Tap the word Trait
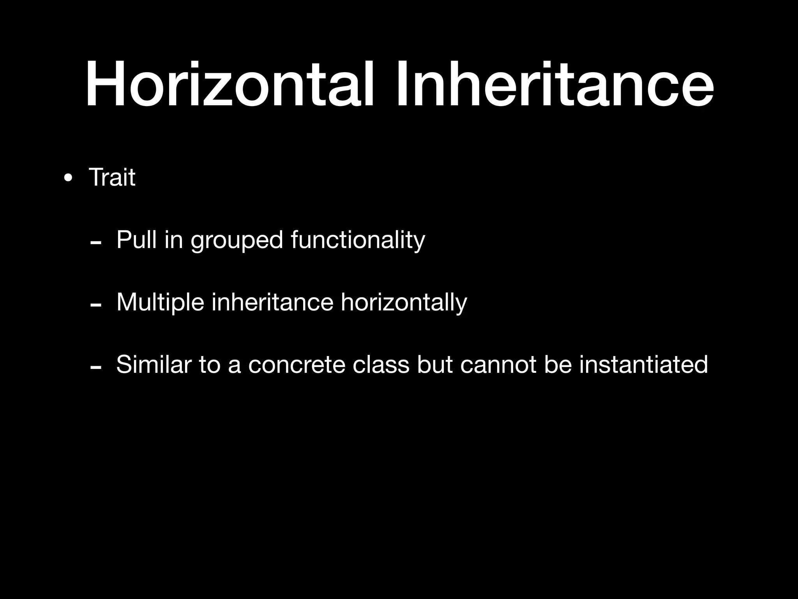tap(112, 177)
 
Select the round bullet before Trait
tap(68, 179)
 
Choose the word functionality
tap(358, 240)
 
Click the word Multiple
tap(160, 302)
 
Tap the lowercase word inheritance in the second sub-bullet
tap(272, 302)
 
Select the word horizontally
tap(403, 303)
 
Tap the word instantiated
tap(643, 365)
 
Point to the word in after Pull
tap(173, 239)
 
